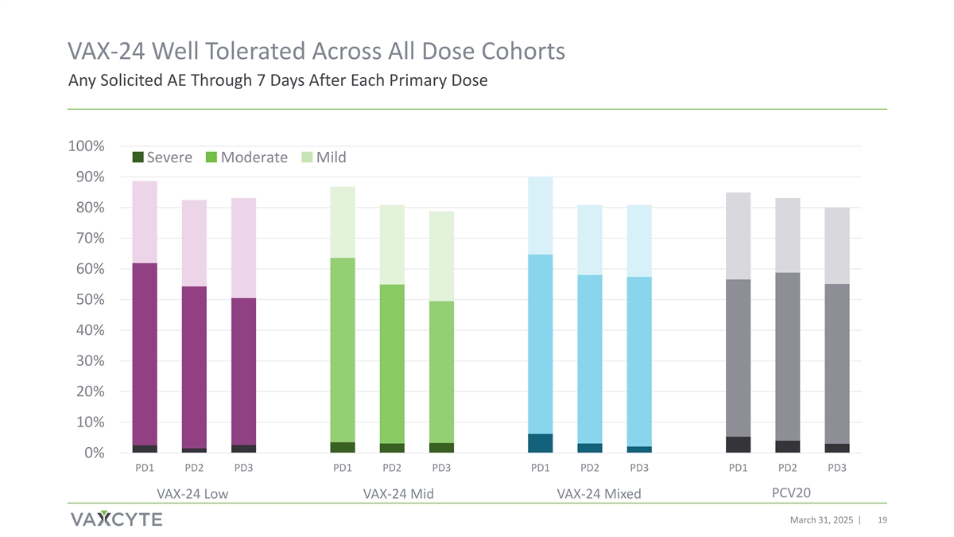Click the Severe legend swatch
point(138,158)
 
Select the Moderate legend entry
point(254,158)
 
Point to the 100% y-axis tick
point(86,146)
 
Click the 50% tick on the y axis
point(88,300)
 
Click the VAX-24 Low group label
point(192,495)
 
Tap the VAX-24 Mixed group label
point(599,495)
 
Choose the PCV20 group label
point(791,493)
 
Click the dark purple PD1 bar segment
point(145,354)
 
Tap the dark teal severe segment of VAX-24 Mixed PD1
point(541,443)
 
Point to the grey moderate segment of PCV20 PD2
point(788,356)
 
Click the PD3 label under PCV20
point(837,467)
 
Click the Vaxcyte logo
point(116,519)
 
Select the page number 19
point(882,519)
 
